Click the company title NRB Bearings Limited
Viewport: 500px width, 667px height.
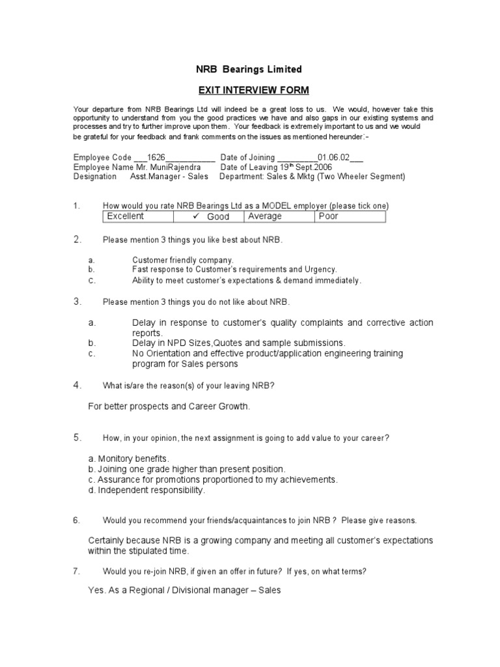tap(249, 69)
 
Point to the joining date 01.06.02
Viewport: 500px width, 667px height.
tap(334, 158)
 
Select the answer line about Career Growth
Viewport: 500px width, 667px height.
tap(169, 406)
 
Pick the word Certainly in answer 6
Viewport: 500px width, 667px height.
tap(108, 541)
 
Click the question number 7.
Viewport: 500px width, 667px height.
tap(76, 571)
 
